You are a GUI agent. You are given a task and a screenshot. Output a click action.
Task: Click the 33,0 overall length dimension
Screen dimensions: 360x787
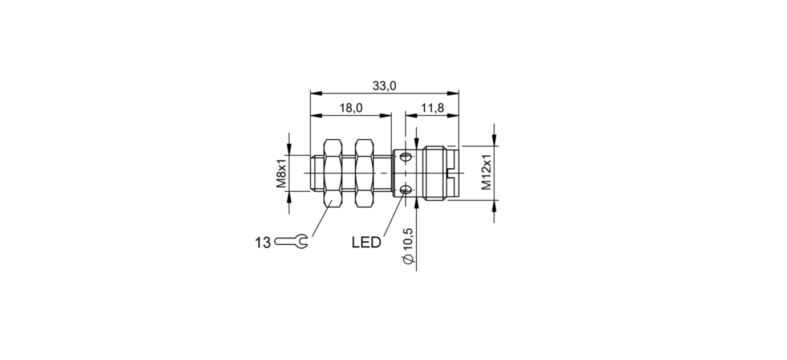pyautogui.click(x=384, y=86)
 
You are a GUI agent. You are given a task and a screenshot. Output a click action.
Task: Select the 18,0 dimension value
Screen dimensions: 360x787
pyautogui.click(x=351, y=108)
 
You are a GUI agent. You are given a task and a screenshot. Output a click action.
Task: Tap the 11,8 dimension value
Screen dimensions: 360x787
pyautogui.click(x=432, y=108)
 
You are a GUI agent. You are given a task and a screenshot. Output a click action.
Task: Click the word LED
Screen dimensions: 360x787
pyautogui.click(x=366, y=243)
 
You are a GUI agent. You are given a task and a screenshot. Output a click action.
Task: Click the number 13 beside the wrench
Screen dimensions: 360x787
pyautogui.click(x=263, y=243)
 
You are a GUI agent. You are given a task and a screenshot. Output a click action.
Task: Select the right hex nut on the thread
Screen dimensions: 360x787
pyautogui.click(x=363, y=173)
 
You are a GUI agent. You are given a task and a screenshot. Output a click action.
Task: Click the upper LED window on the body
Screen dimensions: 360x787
pyautogui.click(x=405, y=156)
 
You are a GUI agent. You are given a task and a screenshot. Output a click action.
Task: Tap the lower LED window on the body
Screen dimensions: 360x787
pyautogui.click(x=405, y=190)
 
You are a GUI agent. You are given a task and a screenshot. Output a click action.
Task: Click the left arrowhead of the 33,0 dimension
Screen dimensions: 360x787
pyautogui.click(x=314, y=93)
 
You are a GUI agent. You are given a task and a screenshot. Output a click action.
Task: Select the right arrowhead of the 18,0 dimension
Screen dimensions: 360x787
pyautogui.click(x=387, y=115)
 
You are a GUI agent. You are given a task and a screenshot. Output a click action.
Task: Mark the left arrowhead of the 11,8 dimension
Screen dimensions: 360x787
pyautogui.click(x=409, y=115)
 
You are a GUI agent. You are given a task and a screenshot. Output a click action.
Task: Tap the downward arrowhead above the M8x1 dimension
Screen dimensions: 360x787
pyautogui.click(x=289, y=150)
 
